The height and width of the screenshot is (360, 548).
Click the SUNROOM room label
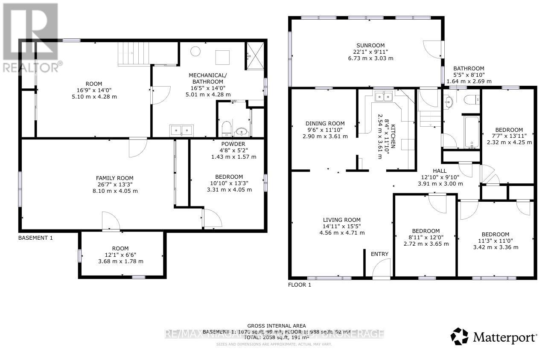click(370, 46)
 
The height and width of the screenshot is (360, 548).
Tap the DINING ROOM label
click(325, 124)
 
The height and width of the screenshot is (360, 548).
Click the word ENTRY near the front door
click(379, 254)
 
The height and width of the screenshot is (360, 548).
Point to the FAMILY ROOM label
click(114, 178)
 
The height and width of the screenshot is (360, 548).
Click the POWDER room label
click(233, 144)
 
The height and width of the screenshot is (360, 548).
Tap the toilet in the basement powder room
click(226, 127)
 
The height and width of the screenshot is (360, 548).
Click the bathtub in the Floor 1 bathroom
click(471, 131)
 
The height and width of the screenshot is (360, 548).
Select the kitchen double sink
click(383, 96)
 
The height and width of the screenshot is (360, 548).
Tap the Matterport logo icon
click(459, 336)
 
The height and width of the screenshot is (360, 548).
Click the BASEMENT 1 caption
click(35, 238)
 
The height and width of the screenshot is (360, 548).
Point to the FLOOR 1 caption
click(300, 285)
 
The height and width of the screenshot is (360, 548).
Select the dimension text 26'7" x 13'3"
click(114, 185)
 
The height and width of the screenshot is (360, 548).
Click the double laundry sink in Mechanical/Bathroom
click(181, 130)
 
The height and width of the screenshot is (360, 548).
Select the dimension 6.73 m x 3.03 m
click(370, 58)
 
